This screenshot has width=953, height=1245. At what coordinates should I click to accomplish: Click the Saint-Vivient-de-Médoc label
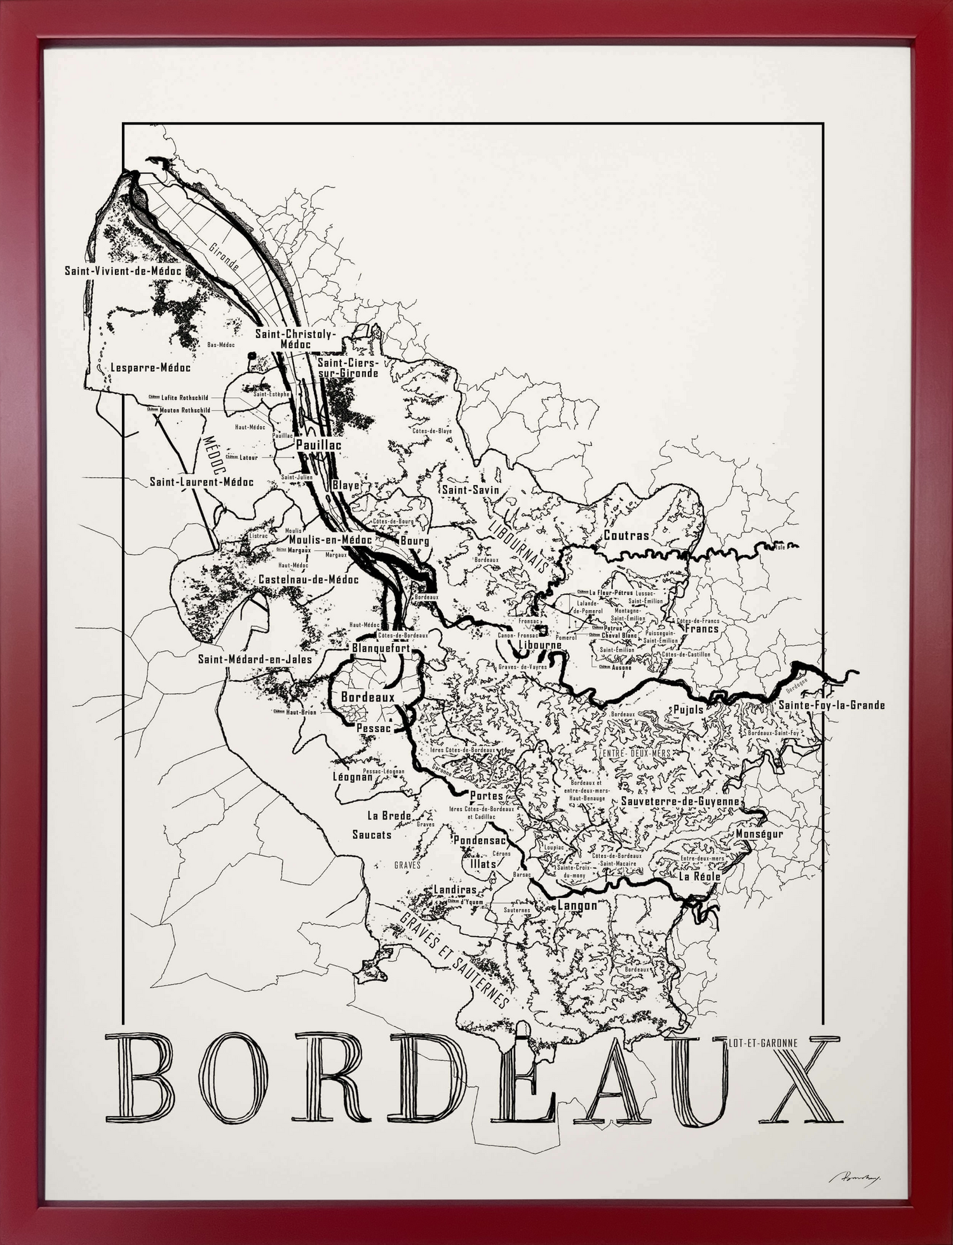pos(123,271)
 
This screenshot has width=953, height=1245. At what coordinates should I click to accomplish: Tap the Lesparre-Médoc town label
pos(151,367)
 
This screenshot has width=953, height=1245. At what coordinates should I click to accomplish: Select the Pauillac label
pos(318,445)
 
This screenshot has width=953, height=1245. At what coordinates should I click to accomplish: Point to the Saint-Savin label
pos(470,490)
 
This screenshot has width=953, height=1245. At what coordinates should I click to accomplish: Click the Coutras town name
pos(626,535)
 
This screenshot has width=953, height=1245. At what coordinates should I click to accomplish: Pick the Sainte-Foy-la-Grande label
pos(831,705)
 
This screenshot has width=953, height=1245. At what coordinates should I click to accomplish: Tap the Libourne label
pos(540,644)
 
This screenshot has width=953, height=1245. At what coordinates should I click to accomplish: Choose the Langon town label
pos(577,905)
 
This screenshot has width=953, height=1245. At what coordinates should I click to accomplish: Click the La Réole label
pos(700,876)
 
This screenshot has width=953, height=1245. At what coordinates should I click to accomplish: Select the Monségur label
pos(759,833)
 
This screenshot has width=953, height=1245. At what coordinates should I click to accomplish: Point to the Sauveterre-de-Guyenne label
pos(680,801)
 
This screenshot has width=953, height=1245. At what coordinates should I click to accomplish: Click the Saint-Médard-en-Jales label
pos(255,659)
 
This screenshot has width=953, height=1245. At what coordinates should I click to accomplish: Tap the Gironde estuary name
pos(224,256)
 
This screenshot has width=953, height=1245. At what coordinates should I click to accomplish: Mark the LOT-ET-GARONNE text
pos(765,1042)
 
